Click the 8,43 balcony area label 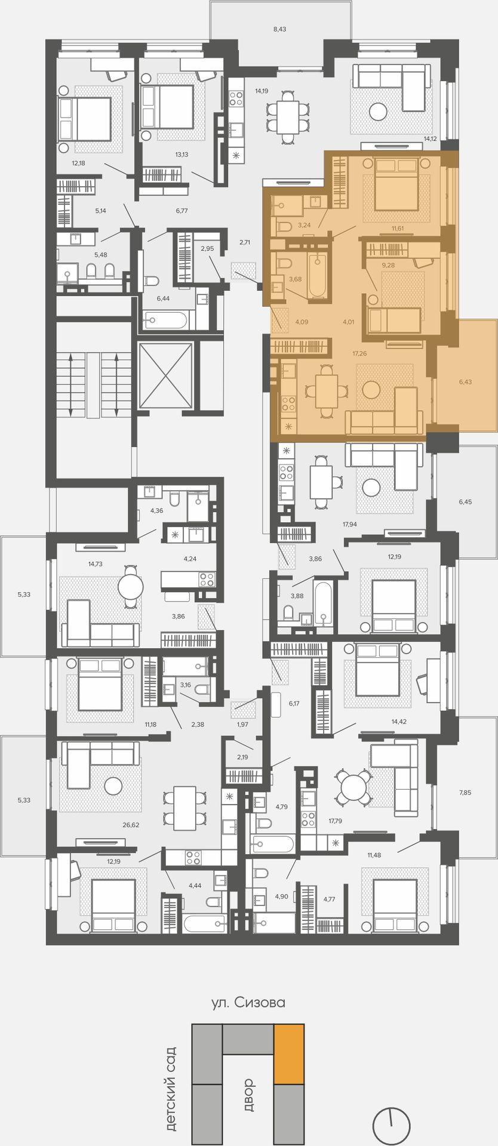[x=279, y=29]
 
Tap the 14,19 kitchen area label [x=262, y=91]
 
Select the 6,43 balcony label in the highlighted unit [x=465, y=381]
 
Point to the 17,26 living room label [x=359, y=353]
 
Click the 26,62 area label [x=131, y=825]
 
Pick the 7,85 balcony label [x=465, y=792]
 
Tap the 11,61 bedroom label [x=398, y=229]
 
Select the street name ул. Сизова [x=248, y=1002]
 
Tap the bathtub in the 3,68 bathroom [x=318, y=275]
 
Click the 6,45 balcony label [x=465, y=502]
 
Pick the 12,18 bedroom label [x=79, y=162]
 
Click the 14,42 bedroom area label [x=399, y=721]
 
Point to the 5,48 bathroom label [x=100, y=255]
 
